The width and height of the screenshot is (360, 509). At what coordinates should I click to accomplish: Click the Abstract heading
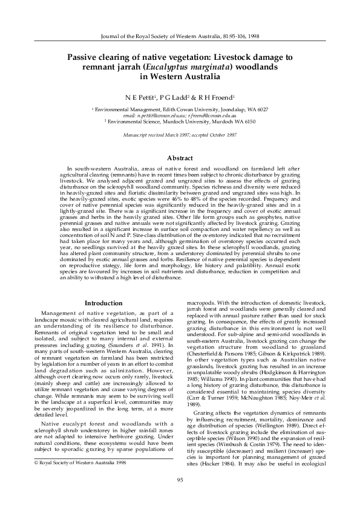180,158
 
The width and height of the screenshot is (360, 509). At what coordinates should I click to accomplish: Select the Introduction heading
103,302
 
